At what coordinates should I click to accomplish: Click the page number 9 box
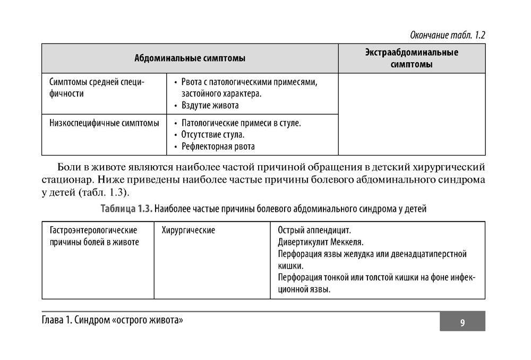tap(462, 322)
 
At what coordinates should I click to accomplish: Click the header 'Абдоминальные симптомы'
tap(190, 58)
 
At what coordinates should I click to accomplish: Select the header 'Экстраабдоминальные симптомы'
tap(412, 58)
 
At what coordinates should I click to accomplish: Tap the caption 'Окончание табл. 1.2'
tap(448, 36)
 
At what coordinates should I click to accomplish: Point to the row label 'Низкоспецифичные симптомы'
tap(104, 123)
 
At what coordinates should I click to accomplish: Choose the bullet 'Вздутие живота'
tap(210, 105)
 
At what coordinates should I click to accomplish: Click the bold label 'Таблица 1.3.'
tap(126, 209)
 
